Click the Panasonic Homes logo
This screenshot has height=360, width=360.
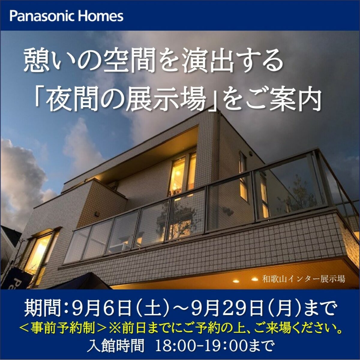[66, 16]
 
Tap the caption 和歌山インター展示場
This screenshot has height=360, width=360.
[304, 284]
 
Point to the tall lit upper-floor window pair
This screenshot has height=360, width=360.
[183, 173]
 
